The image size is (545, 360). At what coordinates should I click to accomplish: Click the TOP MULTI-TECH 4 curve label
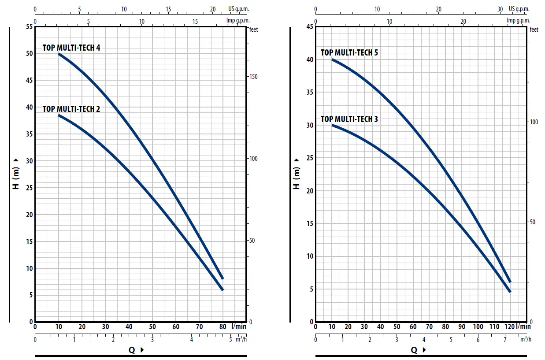point(71,48)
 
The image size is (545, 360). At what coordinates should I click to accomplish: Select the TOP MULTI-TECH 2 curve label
point(71,109)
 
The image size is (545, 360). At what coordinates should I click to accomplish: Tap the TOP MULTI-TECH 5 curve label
point(349,52)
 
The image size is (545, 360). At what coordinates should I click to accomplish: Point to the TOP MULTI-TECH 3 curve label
point(349,119)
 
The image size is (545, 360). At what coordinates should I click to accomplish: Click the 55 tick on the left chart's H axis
point(30,27)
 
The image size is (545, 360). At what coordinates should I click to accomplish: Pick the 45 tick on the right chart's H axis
point(309,27)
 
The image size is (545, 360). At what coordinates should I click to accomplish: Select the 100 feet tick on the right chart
point(533,122)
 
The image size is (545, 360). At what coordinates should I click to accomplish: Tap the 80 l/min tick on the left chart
point(222,327)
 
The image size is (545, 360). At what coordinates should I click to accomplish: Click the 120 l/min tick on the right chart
point(509,327)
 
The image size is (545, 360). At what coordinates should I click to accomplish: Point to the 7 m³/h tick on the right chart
point(505,339)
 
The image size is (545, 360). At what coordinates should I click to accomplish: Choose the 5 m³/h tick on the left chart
point(230,339)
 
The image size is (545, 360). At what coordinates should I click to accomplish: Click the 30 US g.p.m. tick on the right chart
point(500,9)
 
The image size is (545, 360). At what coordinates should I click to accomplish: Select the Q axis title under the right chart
point(414,350)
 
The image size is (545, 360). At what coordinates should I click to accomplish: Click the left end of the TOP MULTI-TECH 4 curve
point(59,54)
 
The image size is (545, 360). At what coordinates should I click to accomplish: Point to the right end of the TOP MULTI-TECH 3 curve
point(510,292)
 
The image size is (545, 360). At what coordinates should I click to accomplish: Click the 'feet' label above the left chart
point(254,30)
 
